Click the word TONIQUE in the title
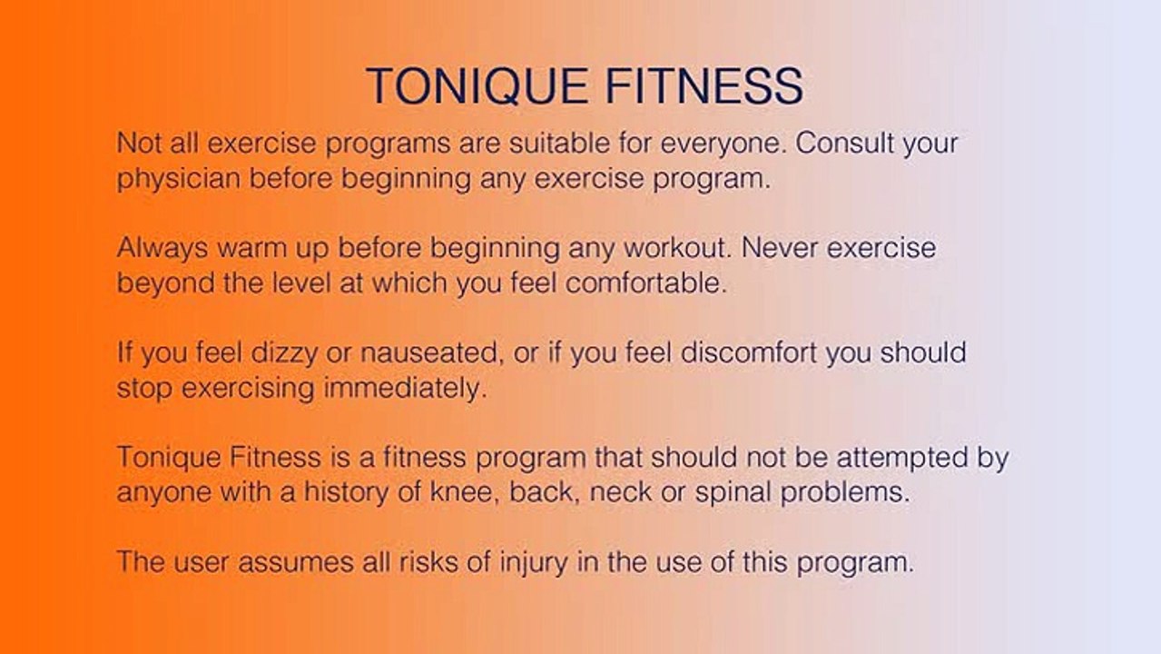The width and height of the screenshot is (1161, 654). [x=477, y=86]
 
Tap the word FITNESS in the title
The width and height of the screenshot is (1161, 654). [x=704, y=85]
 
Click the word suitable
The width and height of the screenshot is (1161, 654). [x=559, y=143]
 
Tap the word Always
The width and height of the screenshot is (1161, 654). [x=162, y=249]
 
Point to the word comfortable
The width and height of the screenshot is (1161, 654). [x=646, y=282]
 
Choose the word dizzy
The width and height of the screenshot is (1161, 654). [x=284, y=353]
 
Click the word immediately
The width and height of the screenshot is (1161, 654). [x=406, y=389]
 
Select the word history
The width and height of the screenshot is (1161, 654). [x=346, y=492]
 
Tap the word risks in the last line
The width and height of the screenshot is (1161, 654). [x=428, y=562]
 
